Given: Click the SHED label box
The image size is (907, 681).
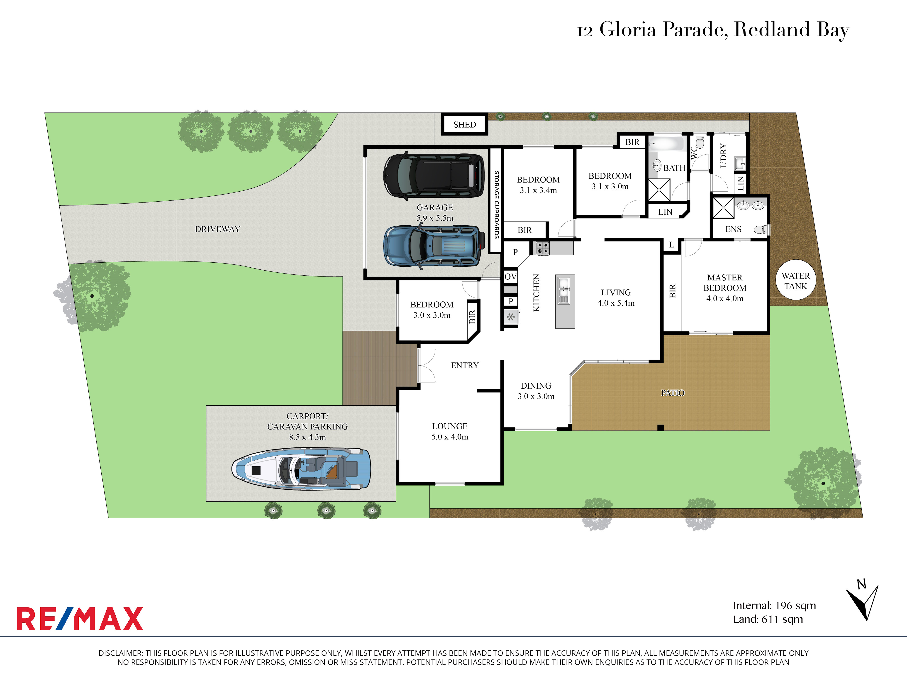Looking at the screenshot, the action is (x=465, y=124).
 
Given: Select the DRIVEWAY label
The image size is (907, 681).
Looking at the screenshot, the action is (x=217, y=229).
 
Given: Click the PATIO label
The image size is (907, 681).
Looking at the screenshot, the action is (x=673, y=393).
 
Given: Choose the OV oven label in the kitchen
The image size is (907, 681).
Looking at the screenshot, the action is (x=510, y=277).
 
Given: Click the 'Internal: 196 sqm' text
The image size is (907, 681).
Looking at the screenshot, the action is (x=775, y=605).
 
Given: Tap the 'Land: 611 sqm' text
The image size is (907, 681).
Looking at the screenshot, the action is (x=768, y=619).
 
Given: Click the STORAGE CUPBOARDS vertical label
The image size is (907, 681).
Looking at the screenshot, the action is (x=496, y=205).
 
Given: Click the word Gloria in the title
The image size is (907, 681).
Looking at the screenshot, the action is (x=628, y=30).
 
